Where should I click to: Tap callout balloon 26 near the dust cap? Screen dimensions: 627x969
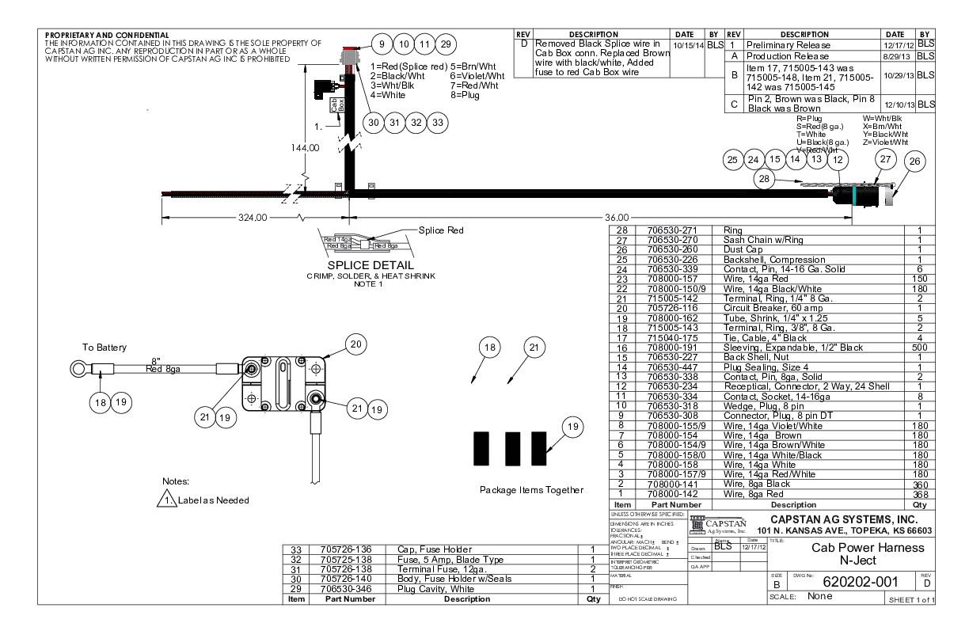915,162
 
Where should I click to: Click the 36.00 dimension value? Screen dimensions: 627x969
617,217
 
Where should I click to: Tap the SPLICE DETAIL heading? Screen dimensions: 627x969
372,265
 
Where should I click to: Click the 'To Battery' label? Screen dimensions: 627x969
104,348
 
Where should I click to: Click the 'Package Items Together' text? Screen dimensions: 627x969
531,489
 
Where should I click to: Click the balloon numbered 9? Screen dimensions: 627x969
382,44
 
